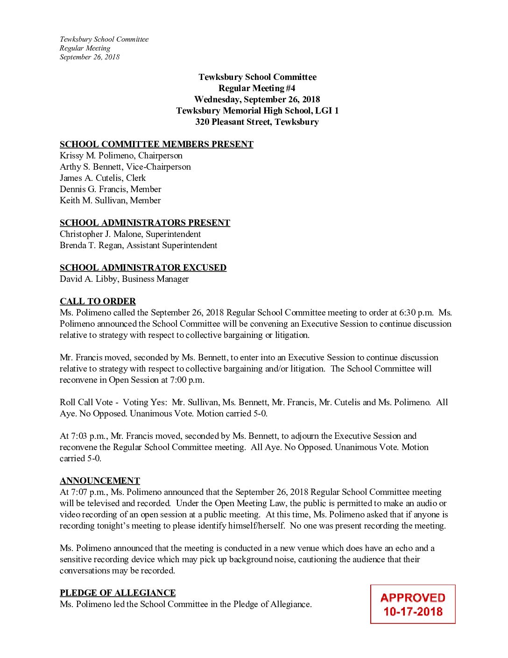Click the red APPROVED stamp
413,598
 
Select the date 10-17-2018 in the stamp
413,612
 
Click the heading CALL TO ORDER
98,301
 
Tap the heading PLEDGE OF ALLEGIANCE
118,593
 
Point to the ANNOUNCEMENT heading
100,481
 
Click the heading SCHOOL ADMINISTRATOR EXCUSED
143,268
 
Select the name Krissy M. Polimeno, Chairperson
121,156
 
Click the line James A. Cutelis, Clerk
103,178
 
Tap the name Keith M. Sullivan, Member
110,200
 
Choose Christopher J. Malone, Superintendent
130,234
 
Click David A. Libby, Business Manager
124,279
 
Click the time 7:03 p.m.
83,436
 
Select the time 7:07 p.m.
83,492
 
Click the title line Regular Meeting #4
257,88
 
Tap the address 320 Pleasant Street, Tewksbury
257,122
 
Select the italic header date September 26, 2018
90,57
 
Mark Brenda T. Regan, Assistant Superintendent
138,245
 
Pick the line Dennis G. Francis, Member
110,189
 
